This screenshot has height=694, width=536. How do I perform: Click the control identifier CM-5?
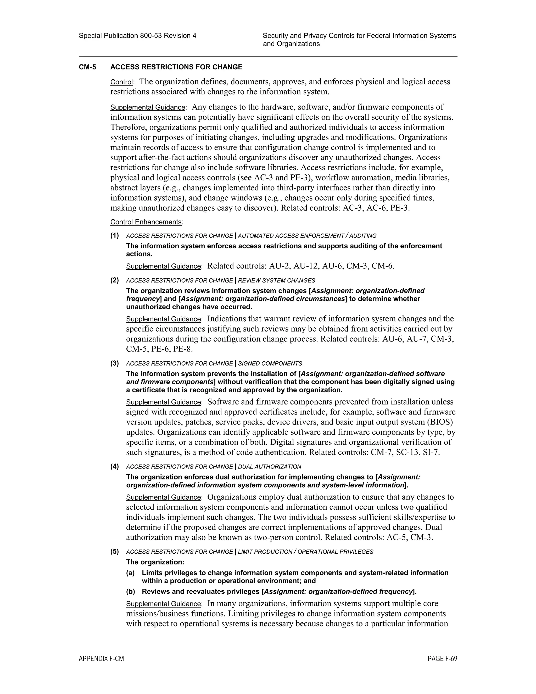click(x=87, y=67)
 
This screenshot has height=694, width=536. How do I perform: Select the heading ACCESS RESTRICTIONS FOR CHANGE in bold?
click(x=176, y=67)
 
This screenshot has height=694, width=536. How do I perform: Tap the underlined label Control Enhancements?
click(x=146, y=222)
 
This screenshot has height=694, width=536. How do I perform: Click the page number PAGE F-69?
click(x=442, y=659)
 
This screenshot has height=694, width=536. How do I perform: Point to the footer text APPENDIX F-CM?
click(x=101, y=659)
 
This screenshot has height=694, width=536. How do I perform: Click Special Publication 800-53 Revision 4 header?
click(x=137, y=36)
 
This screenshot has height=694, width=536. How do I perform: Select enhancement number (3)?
click(x=115, y=363)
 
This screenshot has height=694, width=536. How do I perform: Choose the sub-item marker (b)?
click(x=131, y=591)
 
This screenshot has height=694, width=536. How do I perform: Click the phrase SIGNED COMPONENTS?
click(x=270, y=363)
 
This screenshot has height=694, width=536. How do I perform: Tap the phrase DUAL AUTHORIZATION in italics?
click(x=269, y=467)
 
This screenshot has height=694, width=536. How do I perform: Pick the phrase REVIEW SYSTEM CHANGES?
click(x=276, y=280)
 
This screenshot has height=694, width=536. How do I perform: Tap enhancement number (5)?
click(x=115, y=552)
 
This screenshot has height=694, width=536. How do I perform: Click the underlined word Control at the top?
click(x=121, y=82)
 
